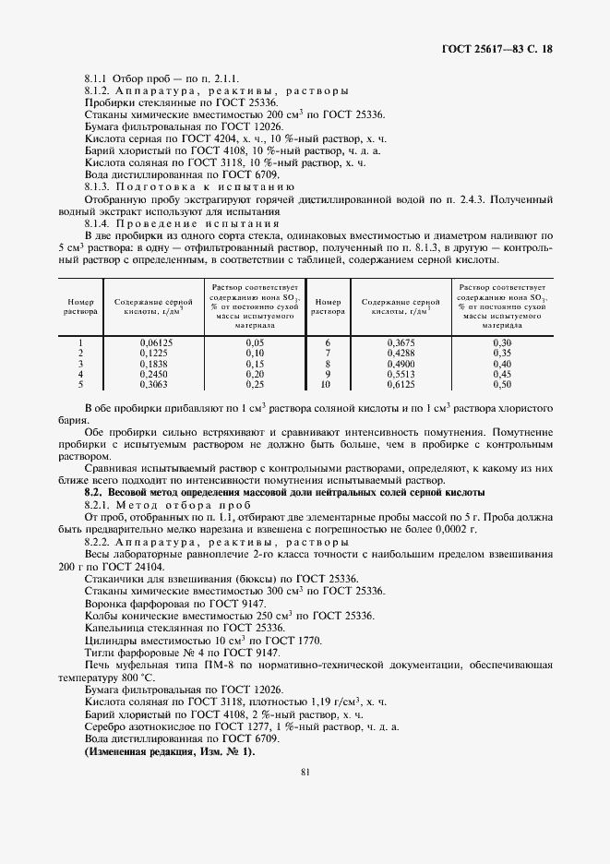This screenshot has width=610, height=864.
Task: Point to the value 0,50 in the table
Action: click(x=501, y=383)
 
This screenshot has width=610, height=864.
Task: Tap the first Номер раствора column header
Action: click(x=81, y=306)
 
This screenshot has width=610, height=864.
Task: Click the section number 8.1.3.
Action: click(x=98, y=186)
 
